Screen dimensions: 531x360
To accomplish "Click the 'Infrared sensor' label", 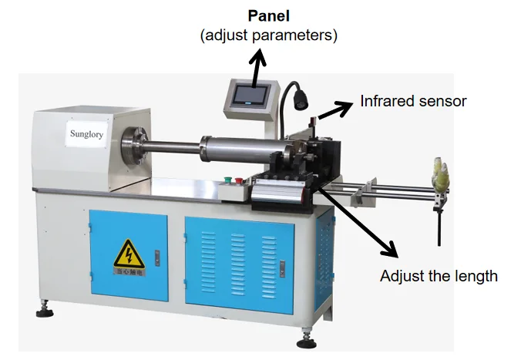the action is click(413, 101).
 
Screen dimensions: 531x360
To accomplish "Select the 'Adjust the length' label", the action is click(439, 275).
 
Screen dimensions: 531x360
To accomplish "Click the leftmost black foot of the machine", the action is click(44, 311).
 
